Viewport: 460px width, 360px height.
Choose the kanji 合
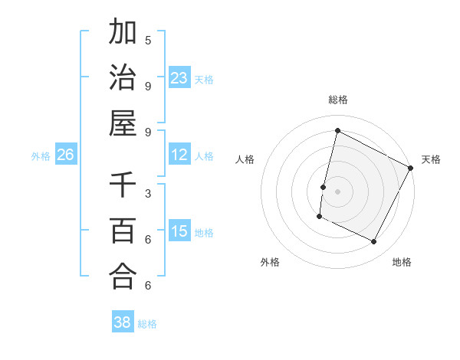point(123,276)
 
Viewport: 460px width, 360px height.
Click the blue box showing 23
point(179,77)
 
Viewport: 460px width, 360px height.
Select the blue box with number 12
point(179,155)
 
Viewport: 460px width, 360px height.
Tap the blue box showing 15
point(179,231)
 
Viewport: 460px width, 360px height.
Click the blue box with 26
point(65,155)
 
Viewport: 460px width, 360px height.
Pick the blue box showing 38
point(123,322)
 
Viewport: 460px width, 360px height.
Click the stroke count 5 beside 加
point(148,40)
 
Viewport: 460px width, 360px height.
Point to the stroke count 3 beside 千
point(148,193)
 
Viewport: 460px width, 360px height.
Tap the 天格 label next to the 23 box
point(204,79)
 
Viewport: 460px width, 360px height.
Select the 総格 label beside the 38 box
point(147,324)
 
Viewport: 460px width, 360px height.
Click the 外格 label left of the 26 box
point(41,156)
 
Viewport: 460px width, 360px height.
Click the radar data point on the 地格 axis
point(374,242)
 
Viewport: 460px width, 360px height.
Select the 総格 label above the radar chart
point(338,100)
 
